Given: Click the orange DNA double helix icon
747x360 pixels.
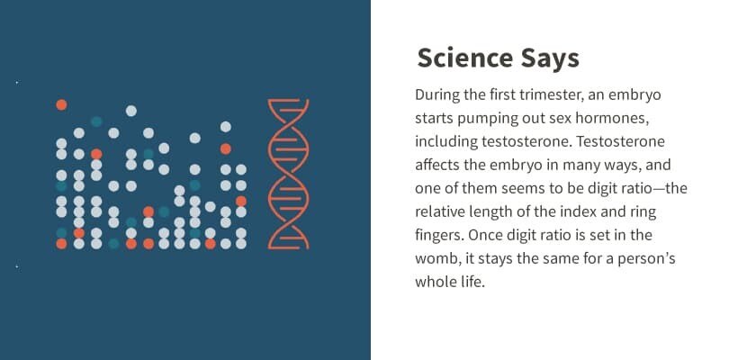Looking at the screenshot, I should [289, 174].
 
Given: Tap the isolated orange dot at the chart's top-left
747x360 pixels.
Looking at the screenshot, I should [61, 104].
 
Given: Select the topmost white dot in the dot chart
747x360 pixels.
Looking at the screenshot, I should [130, 111].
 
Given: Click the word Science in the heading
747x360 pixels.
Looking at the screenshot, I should [463, 59].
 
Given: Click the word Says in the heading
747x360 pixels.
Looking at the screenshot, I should [547, 59].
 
